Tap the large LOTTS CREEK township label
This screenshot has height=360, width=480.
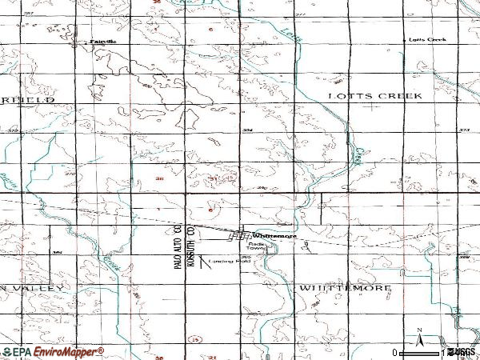pos(374,95)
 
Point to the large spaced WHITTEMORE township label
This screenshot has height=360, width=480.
pos(346,286)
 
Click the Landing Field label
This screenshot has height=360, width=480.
pos(230,262)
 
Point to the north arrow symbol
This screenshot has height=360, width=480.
pos(418,336)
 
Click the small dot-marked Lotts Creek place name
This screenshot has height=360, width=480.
pos(426,39)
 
